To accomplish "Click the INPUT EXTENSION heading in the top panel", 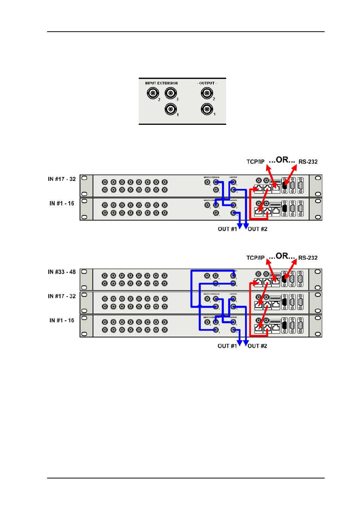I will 161,83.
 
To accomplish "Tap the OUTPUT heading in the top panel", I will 207,83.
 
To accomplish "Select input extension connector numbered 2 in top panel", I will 153,93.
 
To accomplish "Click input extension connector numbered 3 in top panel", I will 171,93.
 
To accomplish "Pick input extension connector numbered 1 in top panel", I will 171,109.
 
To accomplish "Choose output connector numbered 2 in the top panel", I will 207,93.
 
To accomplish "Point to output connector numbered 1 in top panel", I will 207,109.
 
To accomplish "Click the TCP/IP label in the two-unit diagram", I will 256,162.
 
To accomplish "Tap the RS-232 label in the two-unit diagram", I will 308,162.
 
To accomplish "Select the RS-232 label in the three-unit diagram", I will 308,258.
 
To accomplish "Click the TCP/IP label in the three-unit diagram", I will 256,258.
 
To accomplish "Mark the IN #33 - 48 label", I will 62,272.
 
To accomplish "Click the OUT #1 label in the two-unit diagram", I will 227,229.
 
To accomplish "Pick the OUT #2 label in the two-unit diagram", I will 257,229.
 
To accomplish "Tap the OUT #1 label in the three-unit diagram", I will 227,346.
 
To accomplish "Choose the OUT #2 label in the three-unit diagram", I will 257,346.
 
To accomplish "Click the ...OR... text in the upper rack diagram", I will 282,160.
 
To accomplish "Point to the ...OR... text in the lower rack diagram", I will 282,256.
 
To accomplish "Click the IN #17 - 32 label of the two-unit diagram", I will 62,179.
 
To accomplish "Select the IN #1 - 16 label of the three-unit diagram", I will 62,320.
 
